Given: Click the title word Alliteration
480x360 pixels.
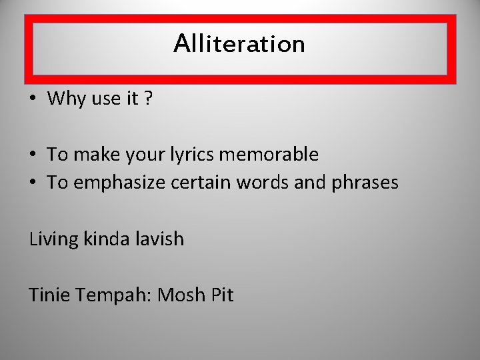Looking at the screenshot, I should point(239,44).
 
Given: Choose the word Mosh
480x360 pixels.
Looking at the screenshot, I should point(181,294).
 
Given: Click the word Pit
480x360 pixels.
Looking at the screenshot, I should point(222,294).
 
